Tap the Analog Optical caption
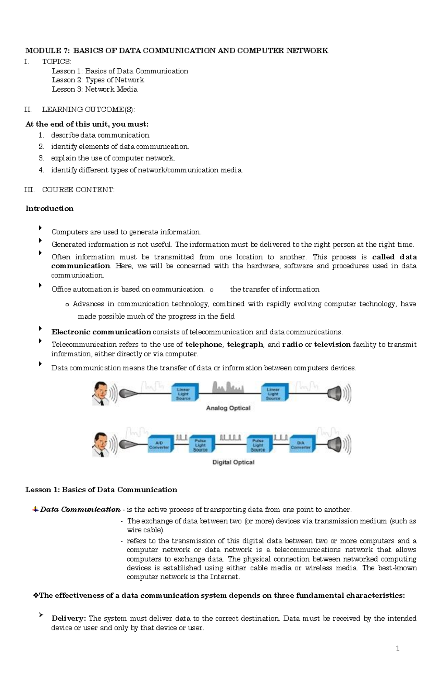tap(228, 408)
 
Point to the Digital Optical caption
tap(233, 462)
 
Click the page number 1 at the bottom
tap(398, 648)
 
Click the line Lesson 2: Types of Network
tap(98, 80)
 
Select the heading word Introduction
tap(49, 208)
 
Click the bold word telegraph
tap(245, 345)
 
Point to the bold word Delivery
tap(69, 618)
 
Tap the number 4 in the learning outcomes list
tap(41, 170)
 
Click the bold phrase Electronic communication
tap(101, 332)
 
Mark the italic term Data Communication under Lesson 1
tap(80, 510)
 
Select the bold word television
tap(332, 345)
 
